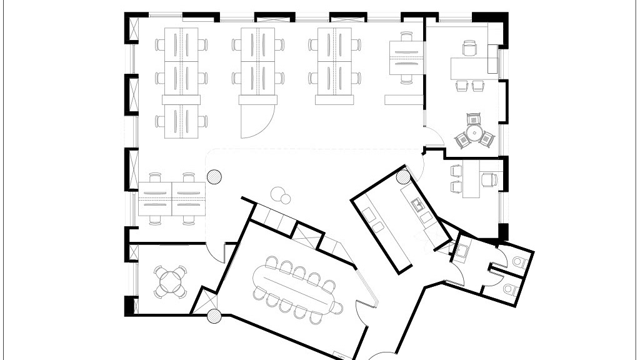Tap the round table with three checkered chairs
tap(474, 132)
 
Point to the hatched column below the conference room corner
tap(214, 316)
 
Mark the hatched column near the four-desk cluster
tap(214, 177)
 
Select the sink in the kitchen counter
tap(416, 203)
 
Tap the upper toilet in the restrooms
tap(516, 261)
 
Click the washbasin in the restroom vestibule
tap(463, 251)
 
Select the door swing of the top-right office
tap(432, 136)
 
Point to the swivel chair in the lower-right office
tap(489, 180)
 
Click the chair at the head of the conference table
tap(337, 307)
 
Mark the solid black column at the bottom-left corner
tap(129, 306)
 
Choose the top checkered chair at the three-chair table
tap(474, 117)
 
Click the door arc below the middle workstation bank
tap(258, 122)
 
